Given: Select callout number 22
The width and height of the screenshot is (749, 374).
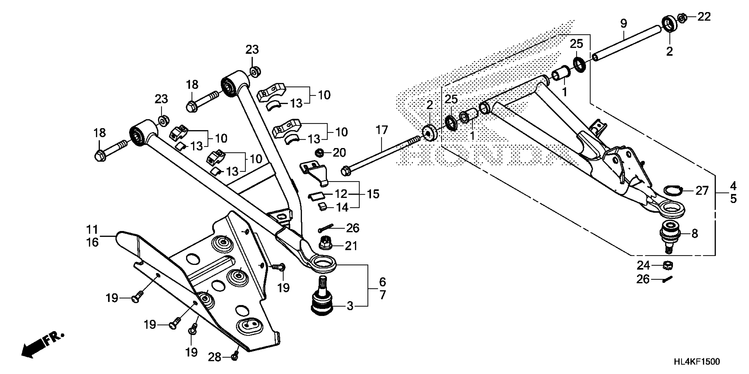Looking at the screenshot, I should pos(704,17).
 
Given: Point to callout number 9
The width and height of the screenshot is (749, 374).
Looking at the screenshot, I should pos(623,23).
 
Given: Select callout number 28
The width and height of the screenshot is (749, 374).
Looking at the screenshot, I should pos(215,357).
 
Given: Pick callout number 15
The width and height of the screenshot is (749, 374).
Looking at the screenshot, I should pos(373,194).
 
